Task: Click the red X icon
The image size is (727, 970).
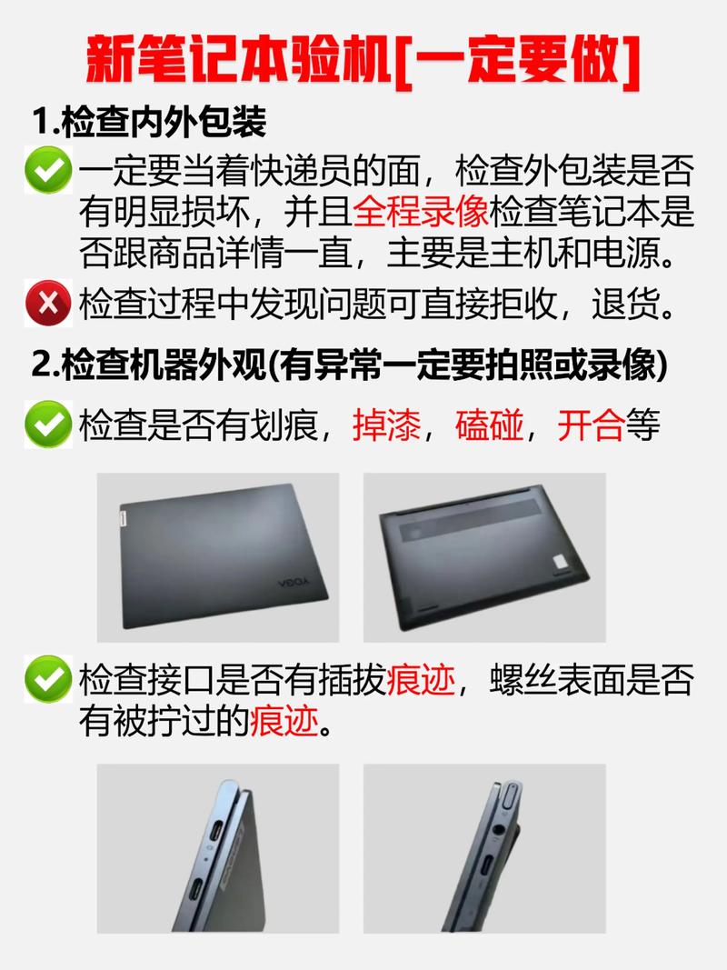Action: [48, 303]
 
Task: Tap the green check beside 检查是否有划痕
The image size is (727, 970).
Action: [48, 425]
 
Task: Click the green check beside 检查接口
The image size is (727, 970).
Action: [48, 678]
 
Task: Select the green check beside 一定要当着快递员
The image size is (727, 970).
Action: [48, 170]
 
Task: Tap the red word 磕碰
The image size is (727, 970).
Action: [489, 425]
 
